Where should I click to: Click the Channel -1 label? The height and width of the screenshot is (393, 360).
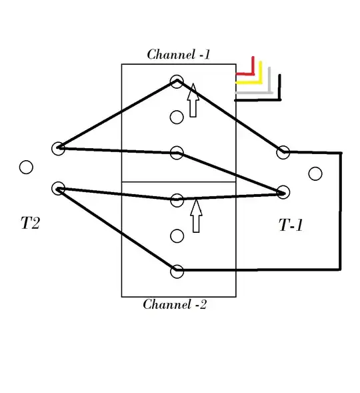pyautogui.click(x=178, y=55)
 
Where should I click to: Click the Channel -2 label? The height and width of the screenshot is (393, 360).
pyautogui.click(x=175, y=304)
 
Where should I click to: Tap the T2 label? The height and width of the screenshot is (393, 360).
pyautogui.click(x=30, y=223)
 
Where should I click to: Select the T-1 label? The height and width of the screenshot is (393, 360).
pyautogui.click(x=291, y=225)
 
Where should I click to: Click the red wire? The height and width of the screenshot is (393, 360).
pyautogui.click(x=253, y=73)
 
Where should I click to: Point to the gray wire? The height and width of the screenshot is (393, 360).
pyautogui.click(x=269, y=92)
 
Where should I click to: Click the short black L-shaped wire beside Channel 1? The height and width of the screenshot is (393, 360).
pyautogui.click(x=279, y=99)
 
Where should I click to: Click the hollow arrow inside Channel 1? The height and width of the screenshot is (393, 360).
pyautogui.click(x=193, y=100)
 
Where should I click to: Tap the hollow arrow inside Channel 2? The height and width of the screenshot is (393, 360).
pyautogui.click(x=196, y=216)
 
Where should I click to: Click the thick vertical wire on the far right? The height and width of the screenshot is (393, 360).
pyautogui.click(x=341, y=211)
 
